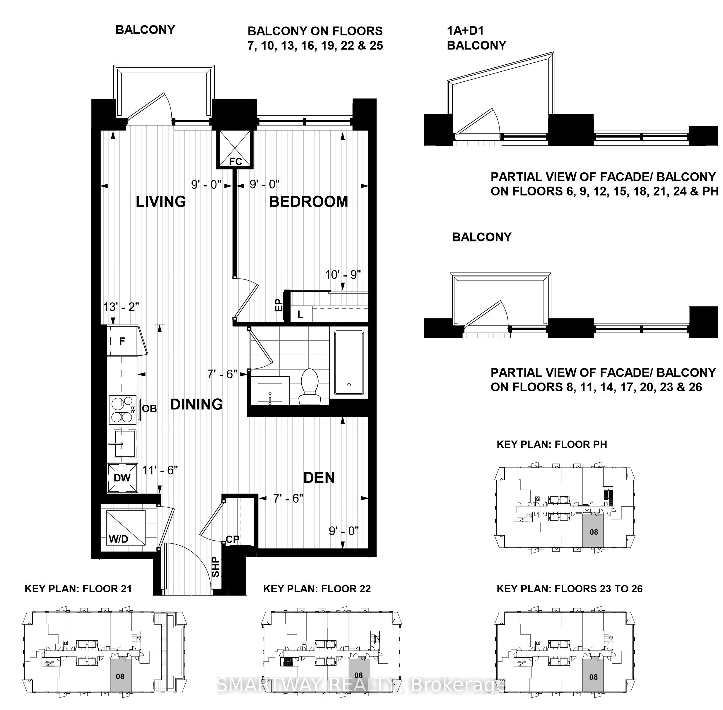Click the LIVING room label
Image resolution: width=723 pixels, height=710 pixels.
click(x=161, y=202)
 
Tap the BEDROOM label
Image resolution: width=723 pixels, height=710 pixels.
click(x=309, y=202)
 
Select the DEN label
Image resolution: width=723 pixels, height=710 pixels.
click(x=319, y=478)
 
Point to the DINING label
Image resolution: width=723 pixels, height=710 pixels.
click(x=196, y=404)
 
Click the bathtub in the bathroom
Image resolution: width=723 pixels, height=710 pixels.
click(x=349, y=362)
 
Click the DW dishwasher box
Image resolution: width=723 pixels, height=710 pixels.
click(x=122, y=478)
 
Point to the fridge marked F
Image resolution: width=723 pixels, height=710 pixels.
click(x=122, y=341)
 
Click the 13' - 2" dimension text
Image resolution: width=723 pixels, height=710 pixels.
click(x=121, y=307)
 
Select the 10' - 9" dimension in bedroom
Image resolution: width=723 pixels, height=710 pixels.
click(x=343, y=275)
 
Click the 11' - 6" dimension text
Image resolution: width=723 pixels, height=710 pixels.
click(x=160, y=470)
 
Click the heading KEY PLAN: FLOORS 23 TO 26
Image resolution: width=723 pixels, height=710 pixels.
click(x=570, y=589)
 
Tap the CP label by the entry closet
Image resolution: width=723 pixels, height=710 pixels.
click(x=232, y=540)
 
